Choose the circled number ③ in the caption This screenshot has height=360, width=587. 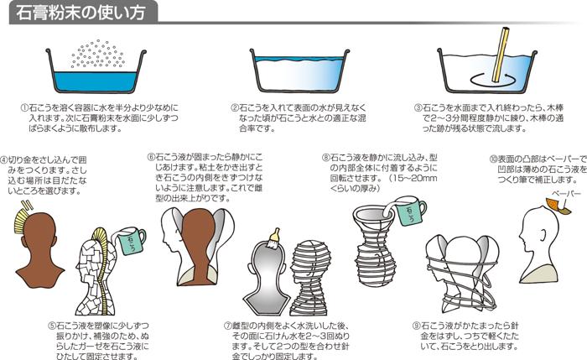(x=418, y=109)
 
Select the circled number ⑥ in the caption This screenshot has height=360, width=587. (x=152, y=156)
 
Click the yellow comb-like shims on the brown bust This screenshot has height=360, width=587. (x=20, y=222)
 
